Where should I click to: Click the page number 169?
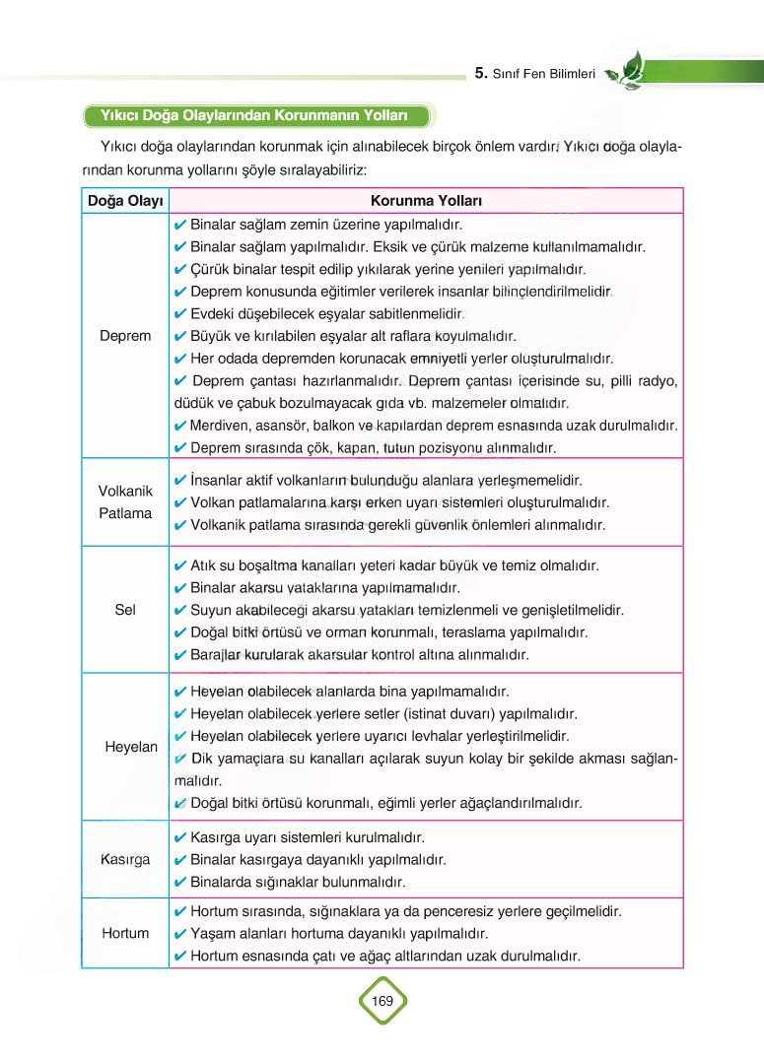(x=382, y=1001)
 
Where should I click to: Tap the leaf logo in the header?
(x=623, y=69)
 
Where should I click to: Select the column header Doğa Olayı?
(x=124, y=201)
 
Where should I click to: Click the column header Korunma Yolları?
(x=425, y=201)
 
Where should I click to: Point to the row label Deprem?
(x=125, y=336)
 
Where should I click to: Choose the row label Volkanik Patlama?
(x=125, y=501)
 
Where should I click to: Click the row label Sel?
(x=125, y=610)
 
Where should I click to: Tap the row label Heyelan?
(x=131, y=747)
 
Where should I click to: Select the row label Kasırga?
(x=125, y=859)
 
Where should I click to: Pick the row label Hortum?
(x=125, y=933)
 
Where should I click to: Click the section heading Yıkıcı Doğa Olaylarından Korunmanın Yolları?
(x=254, y=116)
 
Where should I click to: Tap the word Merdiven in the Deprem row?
(x=220, y=426)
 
